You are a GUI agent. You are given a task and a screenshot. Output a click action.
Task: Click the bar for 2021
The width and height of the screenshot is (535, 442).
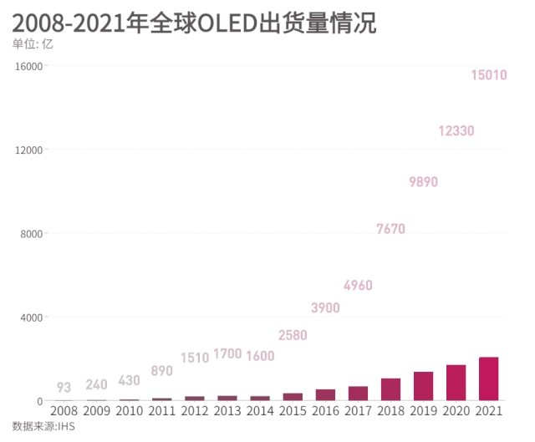click(x=488, y=379)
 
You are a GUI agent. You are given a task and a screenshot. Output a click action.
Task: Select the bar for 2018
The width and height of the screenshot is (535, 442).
click(x=390, y=389)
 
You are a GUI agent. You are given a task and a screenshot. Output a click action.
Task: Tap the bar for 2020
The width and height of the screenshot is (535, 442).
click(x=456, y=383)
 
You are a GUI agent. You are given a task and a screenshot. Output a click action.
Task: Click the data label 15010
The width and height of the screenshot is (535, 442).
click(x=489, y=75)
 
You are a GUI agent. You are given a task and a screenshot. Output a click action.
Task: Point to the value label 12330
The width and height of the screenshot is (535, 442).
click(x=456, y=131)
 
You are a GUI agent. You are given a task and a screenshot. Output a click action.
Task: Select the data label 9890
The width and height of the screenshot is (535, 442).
click(x=424, y=182)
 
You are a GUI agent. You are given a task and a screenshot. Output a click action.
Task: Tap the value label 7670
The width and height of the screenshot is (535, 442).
click(x=391, y=229)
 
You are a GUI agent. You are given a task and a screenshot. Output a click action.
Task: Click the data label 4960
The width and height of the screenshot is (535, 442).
click(x=358, y=286)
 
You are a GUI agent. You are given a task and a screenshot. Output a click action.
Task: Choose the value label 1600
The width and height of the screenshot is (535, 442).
click(x=260, y=356)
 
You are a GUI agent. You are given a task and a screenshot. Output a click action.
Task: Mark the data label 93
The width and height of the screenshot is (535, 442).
click(x=64, y=387)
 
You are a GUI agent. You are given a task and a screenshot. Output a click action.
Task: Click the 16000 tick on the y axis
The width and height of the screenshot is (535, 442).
click(x=28, y=66)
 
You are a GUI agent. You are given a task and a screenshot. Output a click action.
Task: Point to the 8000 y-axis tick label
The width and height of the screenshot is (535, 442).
click(x=31, y=234)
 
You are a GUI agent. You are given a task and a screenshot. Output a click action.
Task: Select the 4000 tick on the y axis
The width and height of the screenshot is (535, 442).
click(x=31, y=318)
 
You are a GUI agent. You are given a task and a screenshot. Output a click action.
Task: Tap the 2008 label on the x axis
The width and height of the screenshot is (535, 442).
click(x=64, y=411)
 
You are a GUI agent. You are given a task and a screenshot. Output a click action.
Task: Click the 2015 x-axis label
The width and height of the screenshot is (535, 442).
click(x=293, y=411)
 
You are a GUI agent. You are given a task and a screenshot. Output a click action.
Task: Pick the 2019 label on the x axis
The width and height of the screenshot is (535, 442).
click(x=423, y=411)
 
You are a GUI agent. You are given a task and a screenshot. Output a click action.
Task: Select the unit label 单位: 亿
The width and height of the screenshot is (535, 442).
click(x=33, y=44)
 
